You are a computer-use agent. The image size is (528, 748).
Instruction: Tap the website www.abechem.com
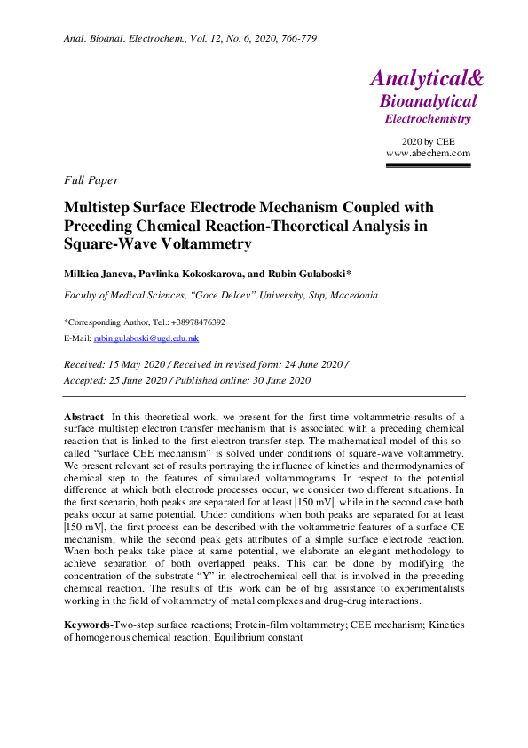(428, 153)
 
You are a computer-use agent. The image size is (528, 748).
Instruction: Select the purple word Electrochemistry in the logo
(428, 119)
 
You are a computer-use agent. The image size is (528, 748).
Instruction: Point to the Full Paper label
(91, 180)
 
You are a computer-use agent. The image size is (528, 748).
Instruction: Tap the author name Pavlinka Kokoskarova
(202, 271)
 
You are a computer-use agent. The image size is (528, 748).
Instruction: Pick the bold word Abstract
(84, 416)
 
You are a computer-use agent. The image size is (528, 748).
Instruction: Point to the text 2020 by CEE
(428, 141)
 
